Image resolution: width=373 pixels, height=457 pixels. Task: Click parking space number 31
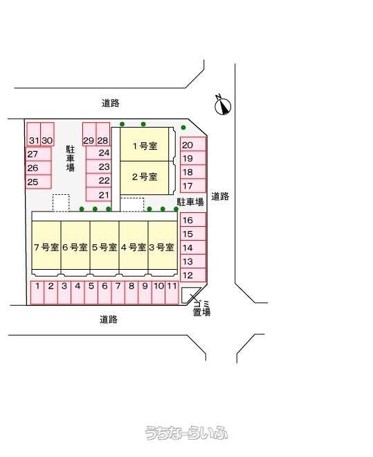click(x=33, y=135)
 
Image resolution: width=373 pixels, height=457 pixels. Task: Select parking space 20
click(x=193, y=144)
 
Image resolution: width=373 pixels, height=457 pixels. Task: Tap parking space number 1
click(x=37, y=293)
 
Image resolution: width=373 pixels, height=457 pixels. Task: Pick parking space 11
click(x=172, y=293)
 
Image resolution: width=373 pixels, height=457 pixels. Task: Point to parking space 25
click(x=38, y=182)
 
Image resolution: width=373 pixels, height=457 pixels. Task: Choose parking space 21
click(x=99, y=194)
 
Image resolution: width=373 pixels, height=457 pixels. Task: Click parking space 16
click(x=193, y=219)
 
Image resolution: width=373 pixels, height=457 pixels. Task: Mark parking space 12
click(x=193, y=275)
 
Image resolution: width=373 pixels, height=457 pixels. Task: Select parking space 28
click(x=103, y=135)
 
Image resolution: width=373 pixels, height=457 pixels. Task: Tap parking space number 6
click(x=104, y=293)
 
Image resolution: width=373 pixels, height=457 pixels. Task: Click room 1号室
click(x=145, y=144)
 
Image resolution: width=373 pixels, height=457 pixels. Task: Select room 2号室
click(x=145, y=178)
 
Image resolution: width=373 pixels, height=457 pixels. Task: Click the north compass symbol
click(x=223, y=105)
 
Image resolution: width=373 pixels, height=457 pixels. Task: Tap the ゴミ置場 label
click(x=201, y=309)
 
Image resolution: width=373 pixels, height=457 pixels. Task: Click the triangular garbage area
click(x=188, y=294)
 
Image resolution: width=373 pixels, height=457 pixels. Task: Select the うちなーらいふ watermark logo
click(x=187, y=433)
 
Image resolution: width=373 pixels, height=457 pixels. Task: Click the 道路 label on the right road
click(x=220, y=196)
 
